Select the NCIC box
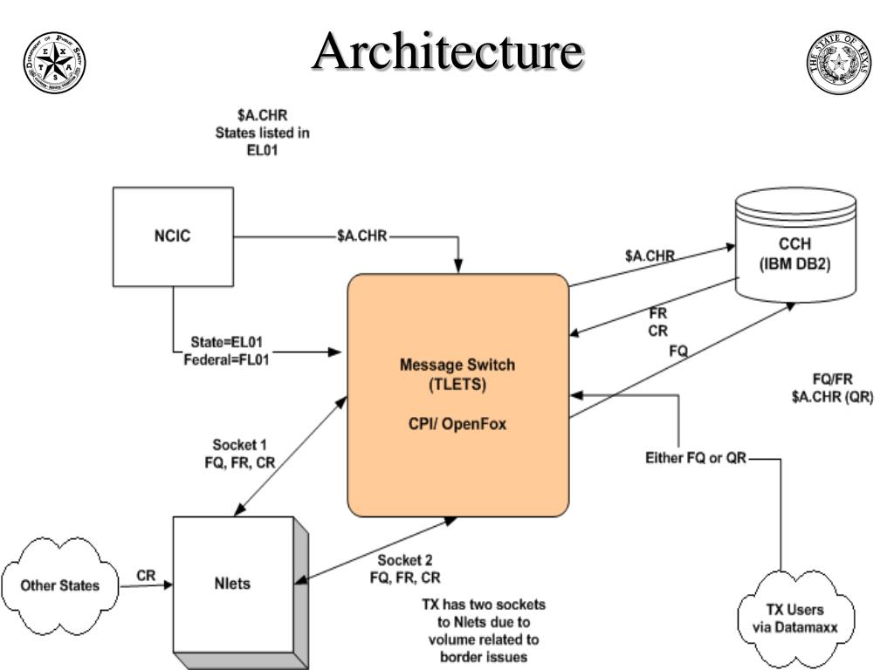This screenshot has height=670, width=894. tap(172, 237)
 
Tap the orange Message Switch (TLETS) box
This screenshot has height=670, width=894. tap(457, 395)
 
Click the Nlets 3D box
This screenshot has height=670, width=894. tap(234, 584)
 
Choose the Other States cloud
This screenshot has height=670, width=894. tap(60, 584)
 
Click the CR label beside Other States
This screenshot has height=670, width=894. tap(147, 576)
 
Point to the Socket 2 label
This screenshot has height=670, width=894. tap(404, 560)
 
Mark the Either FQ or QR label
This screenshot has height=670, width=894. tap(696, 457)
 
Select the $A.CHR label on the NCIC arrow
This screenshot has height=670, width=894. tap(362, 236)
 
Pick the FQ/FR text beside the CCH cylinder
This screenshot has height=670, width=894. tap(832, 379)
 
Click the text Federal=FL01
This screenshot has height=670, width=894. tap(226, 356)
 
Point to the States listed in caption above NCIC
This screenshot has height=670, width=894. tap(263, 133)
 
